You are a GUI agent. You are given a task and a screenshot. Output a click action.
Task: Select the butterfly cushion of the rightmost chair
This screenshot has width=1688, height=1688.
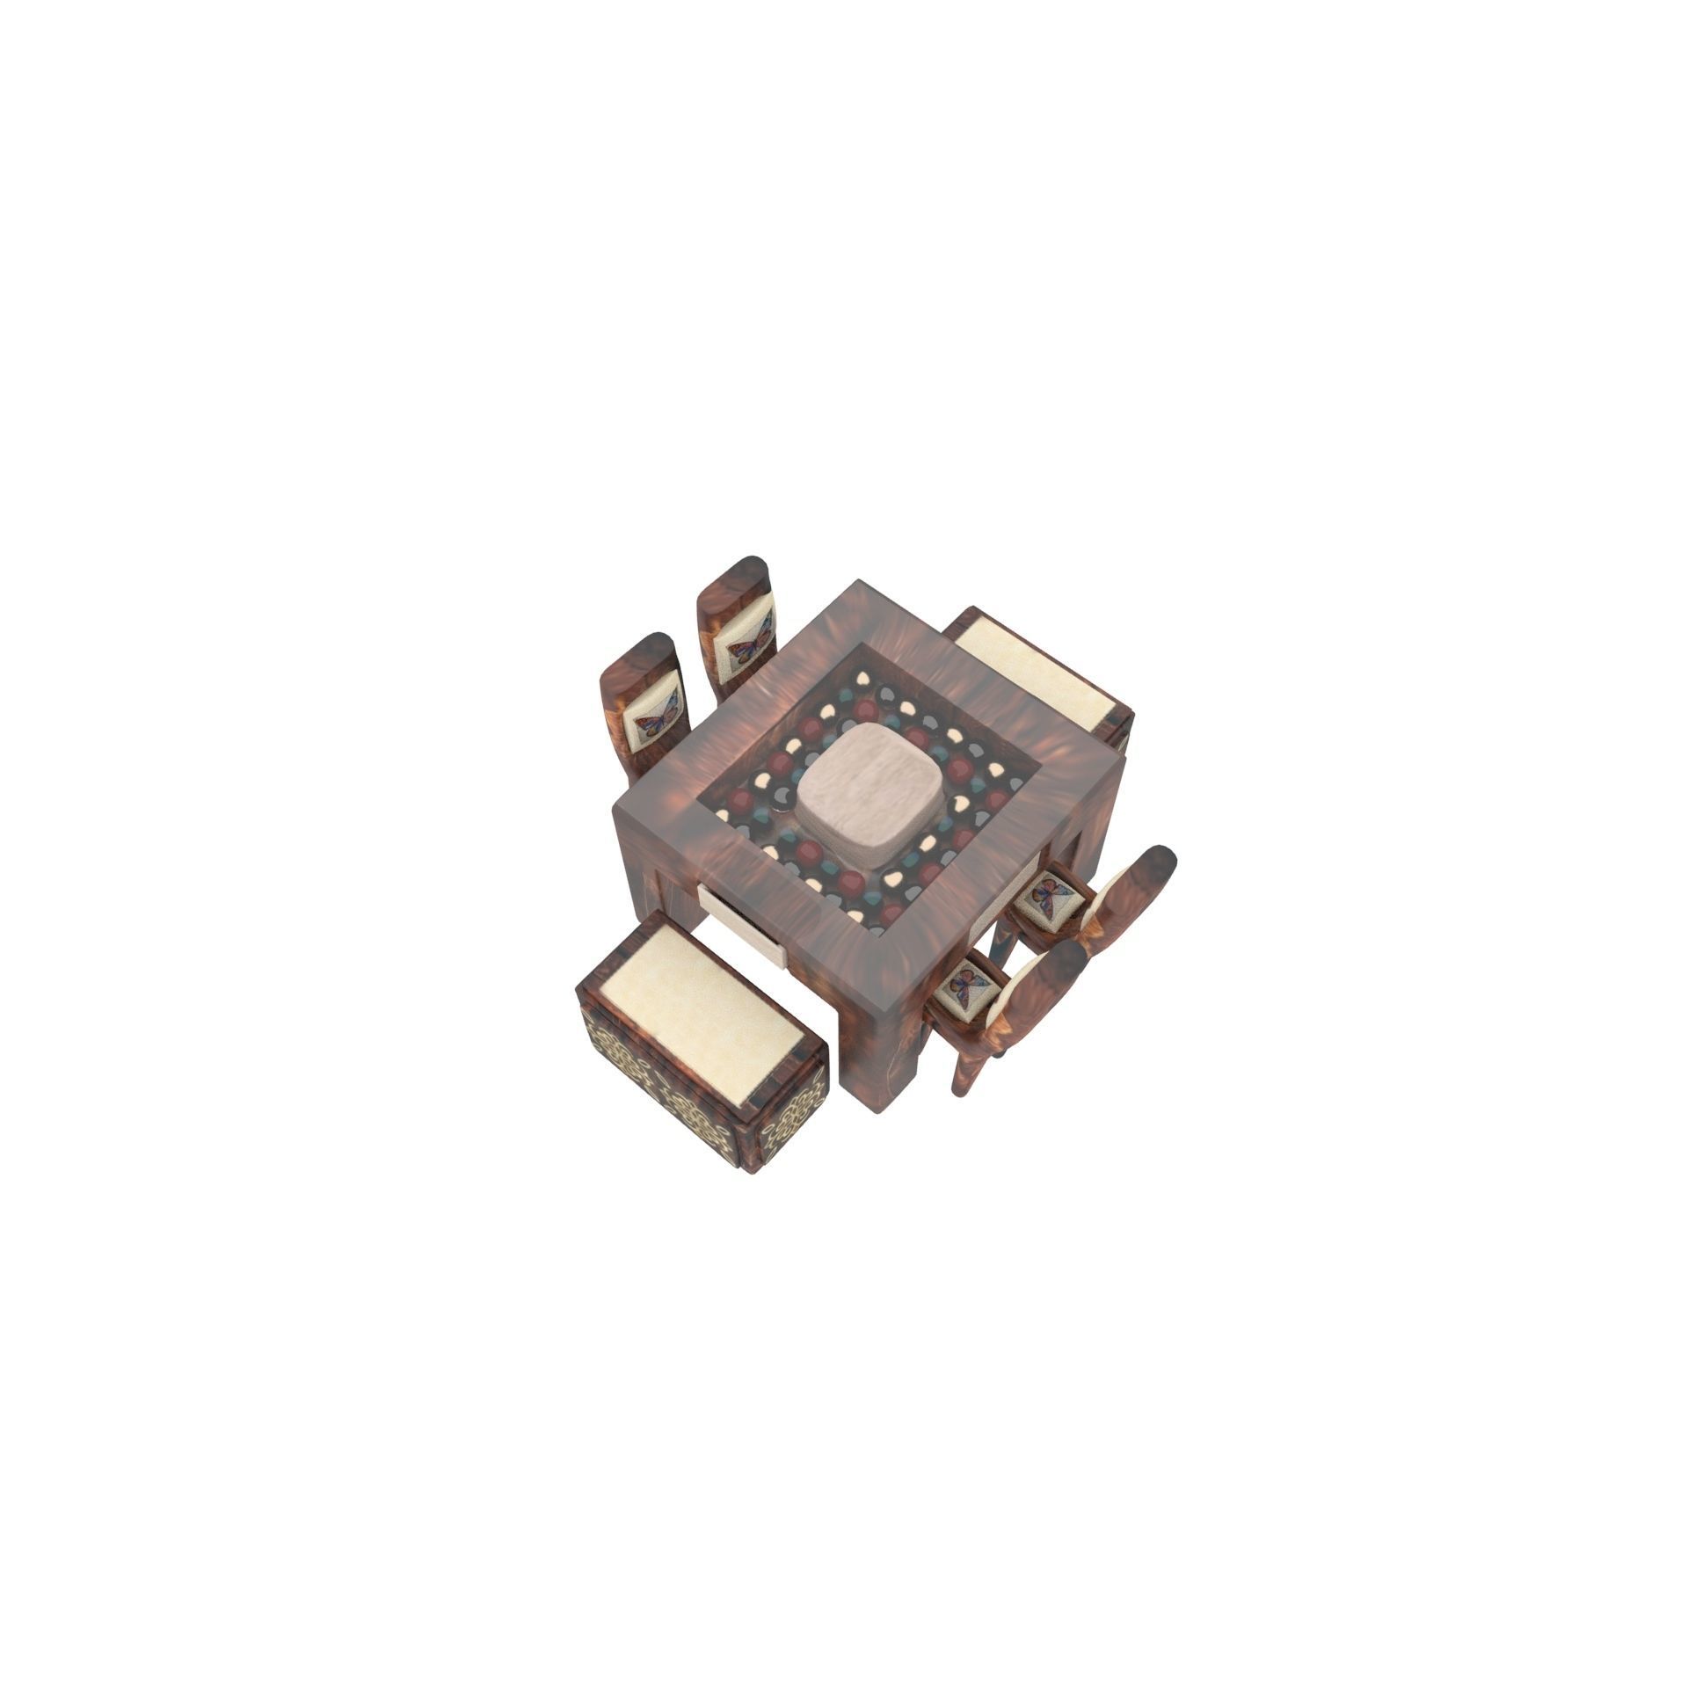pos(1052,896)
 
